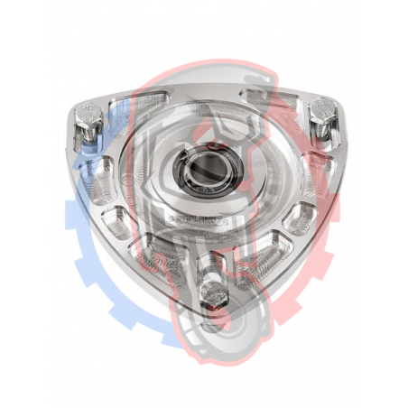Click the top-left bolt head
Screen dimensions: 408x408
tap(88, 116)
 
